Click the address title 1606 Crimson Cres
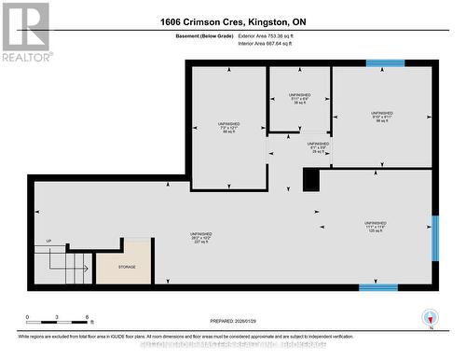(233, 21)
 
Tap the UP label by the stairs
(48, 242)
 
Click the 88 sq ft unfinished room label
(228, 129)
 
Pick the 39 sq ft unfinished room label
(298, 100)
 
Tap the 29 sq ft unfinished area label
(317, 147)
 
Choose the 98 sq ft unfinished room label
(381, 117)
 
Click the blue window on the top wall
(384, 63)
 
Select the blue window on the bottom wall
(378, 287)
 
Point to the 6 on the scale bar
(86, 318)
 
